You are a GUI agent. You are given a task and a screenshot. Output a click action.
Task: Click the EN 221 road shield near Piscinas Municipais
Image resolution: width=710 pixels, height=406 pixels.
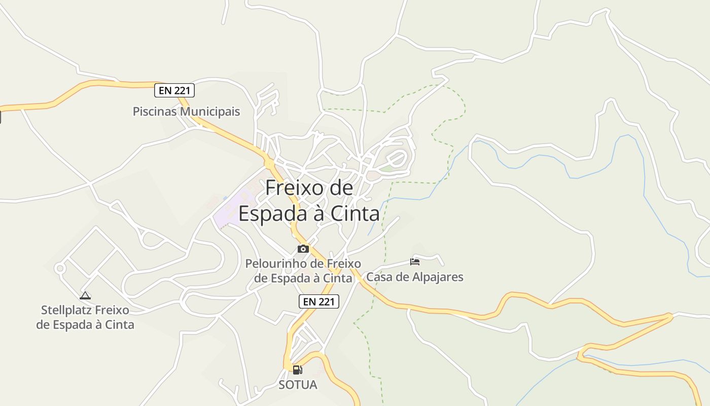174,91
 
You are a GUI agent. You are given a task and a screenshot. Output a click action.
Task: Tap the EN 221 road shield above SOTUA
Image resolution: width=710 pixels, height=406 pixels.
318,301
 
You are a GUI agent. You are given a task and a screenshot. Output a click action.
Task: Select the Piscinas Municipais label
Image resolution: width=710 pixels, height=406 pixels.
186,111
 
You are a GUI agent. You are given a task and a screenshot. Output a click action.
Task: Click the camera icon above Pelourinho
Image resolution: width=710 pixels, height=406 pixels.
303,249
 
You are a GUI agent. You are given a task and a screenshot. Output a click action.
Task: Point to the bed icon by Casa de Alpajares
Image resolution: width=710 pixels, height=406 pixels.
415,262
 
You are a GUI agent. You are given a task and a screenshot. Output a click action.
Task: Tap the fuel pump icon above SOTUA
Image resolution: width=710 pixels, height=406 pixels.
298,369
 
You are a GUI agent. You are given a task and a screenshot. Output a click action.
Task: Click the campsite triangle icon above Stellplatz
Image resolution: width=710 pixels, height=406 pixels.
85,295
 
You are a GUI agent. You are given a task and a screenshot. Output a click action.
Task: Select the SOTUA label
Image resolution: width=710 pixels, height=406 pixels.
298,385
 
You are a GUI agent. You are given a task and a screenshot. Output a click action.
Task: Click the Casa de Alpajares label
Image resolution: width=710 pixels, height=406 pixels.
415,277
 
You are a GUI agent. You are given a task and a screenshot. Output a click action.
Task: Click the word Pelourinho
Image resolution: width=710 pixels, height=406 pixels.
277,264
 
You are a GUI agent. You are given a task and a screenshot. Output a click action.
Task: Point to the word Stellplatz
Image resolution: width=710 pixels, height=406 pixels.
66,310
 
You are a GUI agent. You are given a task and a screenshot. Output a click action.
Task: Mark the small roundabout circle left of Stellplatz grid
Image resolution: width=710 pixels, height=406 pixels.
60,268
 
